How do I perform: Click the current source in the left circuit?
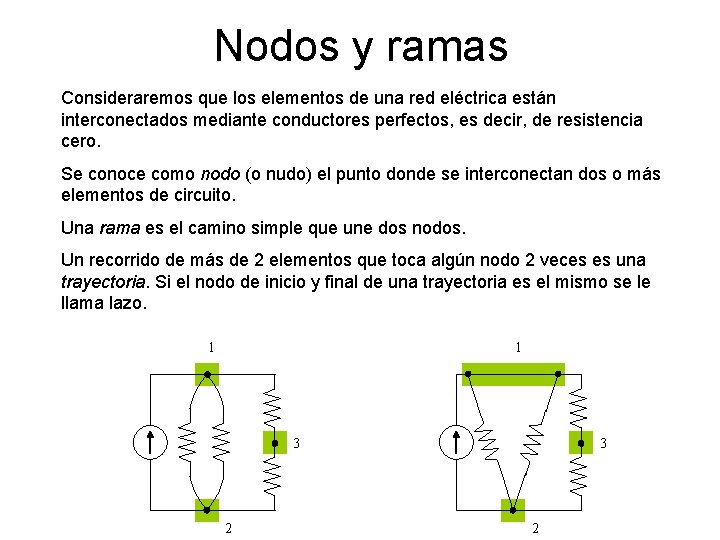click(149, 442)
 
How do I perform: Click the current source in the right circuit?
click(456, 442)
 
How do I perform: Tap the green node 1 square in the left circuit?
click(207, 374)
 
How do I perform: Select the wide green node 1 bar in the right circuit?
click(513, 374)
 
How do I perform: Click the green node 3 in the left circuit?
click(274, 442)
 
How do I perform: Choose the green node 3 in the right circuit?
click(580, 442)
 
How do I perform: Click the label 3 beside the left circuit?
click(296, 443)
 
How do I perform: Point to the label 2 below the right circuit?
click(535, 528)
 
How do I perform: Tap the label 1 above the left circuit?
click(211, 348)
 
